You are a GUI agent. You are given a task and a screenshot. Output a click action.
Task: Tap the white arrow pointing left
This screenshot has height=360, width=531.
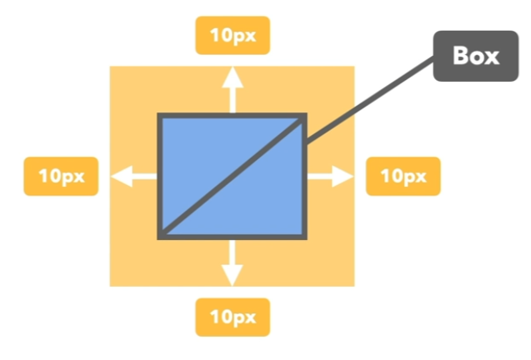click(x=133, y=176)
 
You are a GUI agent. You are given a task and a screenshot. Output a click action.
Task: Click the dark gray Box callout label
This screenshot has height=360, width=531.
click(x=474, y=57)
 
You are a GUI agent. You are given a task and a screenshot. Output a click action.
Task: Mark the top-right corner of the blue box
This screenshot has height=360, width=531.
click(x=305, y=116)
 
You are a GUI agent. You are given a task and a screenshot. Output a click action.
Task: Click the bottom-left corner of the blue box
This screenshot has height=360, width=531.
click(x=160, y=237)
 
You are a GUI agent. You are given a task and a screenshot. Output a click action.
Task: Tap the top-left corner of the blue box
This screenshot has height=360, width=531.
click(x=160, y=116)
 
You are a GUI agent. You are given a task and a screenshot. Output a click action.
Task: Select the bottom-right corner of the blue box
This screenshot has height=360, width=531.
click(x=305, y=237)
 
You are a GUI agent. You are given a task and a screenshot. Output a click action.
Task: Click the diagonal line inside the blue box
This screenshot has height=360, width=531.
click(x=233, y=177)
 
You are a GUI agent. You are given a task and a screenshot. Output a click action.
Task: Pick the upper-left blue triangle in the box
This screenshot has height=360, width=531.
click(x=204, y=150)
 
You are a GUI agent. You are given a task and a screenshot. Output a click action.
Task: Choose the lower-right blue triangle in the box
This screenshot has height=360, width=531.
click(x=267, y=204)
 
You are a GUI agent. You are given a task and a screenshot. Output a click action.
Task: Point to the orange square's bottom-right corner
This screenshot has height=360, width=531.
click(x=354, y=285)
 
